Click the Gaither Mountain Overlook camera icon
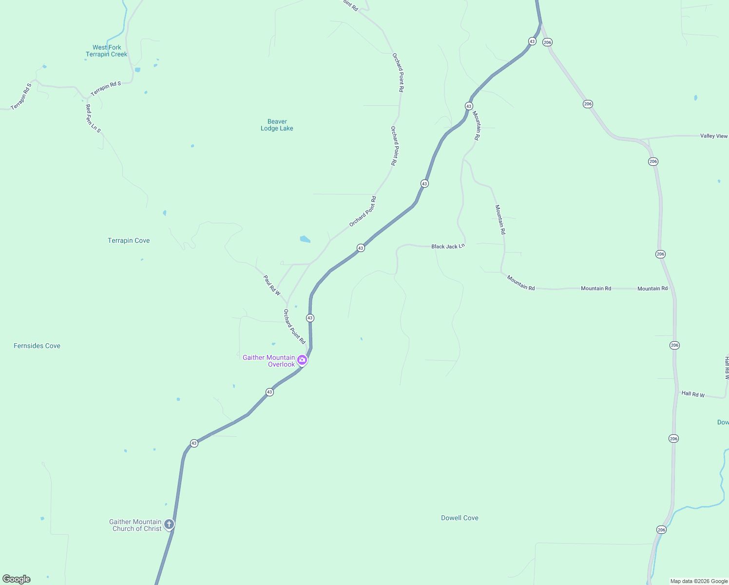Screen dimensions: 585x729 (302, 360)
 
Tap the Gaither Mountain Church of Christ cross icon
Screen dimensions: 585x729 (169, 525)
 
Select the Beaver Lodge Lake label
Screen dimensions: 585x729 (277, 125)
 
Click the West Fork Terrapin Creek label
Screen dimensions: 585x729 (107, 51)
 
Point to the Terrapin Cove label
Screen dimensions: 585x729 (129, 240)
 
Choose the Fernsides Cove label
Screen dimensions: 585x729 (37, 346)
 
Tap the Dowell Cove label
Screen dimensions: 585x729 (460, 518)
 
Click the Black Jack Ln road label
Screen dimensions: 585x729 (448, 246)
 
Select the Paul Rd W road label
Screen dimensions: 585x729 (272, 285)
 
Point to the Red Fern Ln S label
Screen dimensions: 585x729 (93, 118)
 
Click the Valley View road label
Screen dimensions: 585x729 (713, 136)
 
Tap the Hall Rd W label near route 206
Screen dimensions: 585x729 (692, 394)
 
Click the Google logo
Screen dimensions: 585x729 (17, 579)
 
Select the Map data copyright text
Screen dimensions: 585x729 (699, 581)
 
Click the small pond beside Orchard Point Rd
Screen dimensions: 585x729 (305, 239)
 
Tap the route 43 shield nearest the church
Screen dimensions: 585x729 (194, 443)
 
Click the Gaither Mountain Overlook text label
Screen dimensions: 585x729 (269, 361)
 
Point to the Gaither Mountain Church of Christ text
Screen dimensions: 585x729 (135, 525)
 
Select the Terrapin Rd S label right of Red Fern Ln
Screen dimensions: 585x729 (106, 88)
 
